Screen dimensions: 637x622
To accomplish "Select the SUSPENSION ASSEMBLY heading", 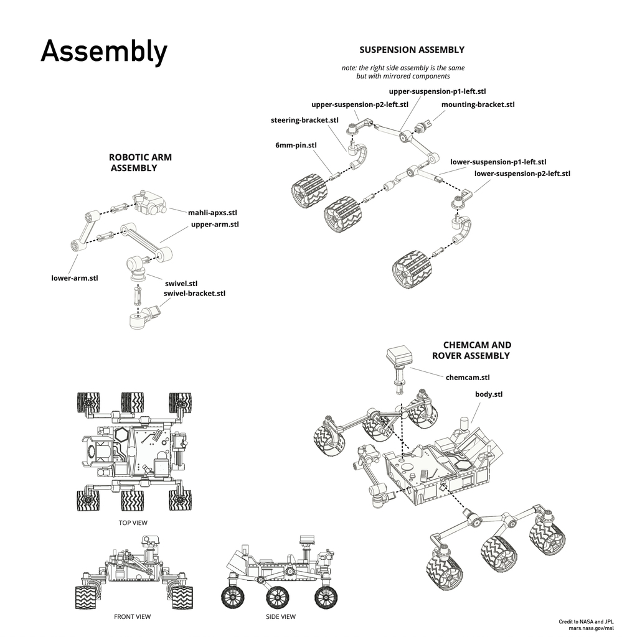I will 412,50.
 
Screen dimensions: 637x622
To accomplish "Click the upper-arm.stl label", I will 214,225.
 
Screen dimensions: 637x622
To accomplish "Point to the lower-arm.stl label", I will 75,277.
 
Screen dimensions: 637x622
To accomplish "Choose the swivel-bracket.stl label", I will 194,293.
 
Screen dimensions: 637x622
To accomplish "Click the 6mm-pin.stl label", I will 296,146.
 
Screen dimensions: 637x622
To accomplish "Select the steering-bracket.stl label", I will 304,120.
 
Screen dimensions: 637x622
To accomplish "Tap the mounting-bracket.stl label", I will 478,105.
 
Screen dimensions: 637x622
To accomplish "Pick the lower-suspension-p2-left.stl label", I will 522,174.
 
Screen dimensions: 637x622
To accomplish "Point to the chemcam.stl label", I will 468,377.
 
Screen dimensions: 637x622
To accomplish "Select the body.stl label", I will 489,394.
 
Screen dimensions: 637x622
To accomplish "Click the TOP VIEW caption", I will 133,523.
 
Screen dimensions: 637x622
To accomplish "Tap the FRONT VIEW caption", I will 132,617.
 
